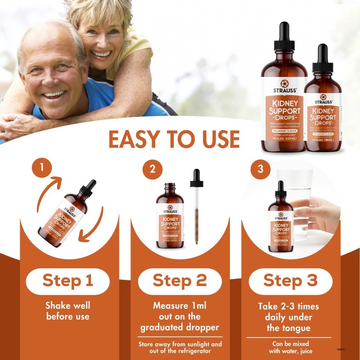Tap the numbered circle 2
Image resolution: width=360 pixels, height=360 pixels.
pos(152,169)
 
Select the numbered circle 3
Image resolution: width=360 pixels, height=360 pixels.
pos(261,169)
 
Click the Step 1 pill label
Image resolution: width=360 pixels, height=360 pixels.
pos(67,281)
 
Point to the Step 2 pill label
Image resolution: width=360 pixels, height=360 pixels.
pos(180,281)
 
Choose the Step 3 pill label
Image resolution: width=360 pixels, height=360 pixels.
pos(290,281)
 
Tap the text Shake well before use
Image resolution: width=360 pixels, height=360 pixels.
pos(67,311)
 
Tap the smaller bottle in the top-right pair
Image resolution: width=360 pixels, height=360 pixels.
pos(322,112)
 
